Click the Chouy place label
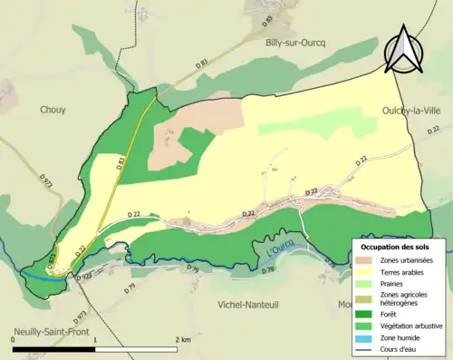(x=53, y=111)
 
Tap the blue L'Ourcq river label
(x=283, y=244)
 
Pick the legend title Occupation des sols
(x=397, y=247)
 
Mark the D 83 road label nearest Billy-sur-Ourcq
(x=200, y=63)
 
